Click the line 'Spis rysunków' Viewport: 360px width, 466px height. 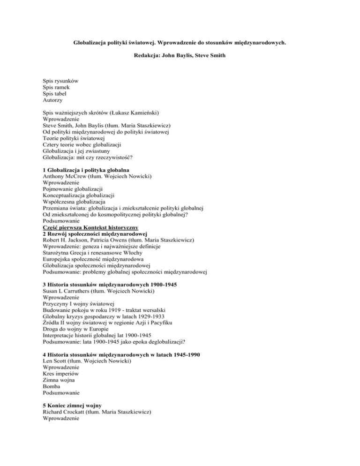[60, 81]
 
